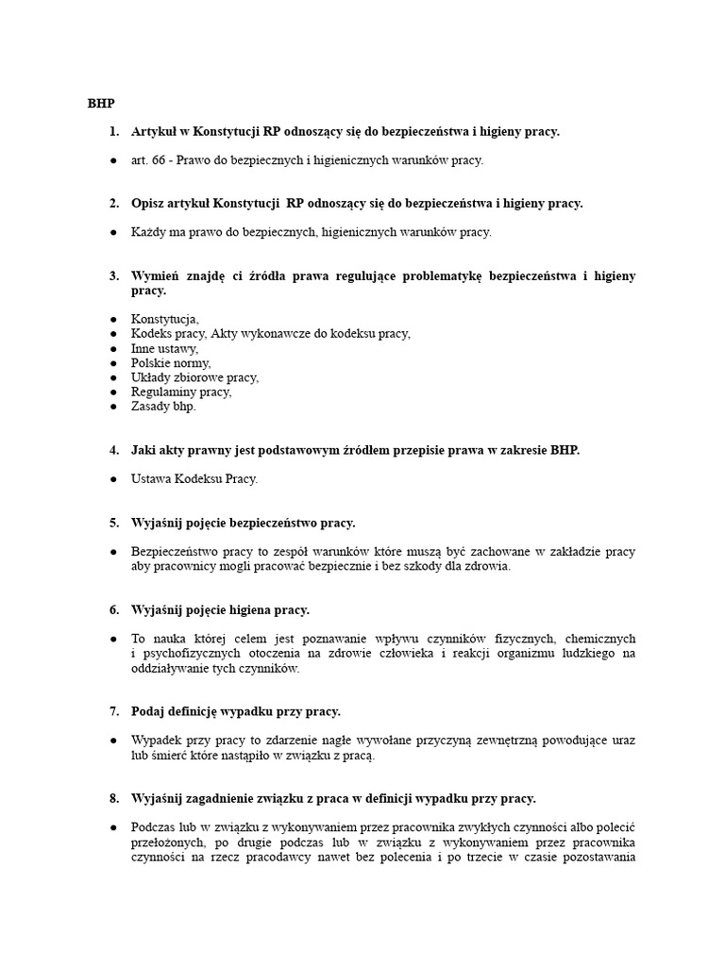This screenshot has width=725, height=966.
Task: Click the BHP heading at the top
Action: (101, 103)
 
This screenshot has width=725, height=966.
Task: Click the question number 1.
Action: (113, 132)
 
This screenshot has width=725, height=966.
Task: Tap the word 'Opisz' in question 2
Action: (149, 204)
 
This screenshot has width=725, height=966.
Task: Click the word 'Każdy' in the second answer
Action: (149, 232)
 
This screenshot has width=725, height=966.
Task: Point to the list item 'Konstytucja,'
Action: (164, 320)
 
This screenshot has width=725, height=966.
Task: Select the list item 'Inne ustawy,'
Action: (164, 348)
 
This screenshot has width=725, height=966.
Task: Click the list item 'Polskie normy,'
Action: (171, 363)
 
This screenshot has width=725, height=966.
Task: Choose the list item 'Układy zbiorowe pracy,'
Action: (194, 377)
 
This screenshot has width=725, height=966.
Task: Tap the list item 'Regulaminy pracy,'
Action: (180, 391)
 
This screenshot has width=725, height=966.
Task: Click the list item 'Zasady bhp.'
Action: (163, 407)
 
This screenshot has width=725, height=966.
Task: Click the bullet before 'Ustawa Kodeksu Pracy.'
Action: (112, 479)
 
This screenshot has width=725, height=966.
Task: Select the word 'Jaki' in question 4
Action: (143, 450)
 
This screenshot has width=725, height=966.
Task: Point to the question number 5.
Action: (113, 523)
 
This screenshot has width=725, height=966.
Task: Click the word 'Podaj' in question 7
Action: (148, 711)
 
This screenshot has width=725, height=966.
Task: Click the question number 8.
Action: (113, 798)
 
